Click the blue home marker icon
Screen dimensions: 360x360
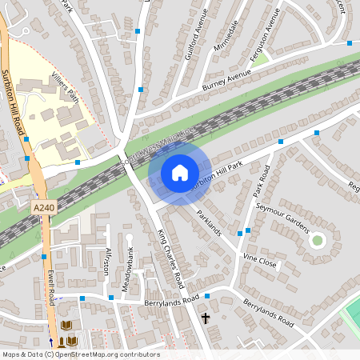tap(179, 172)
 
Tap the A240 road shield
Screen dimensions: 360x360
tap(44, 207)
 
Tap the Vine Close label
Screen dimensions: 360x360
tap(260, 261)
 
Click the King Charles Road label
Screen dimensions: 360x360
tap(171, 259)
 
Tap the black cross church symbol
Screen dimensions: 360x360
tap(206, 318)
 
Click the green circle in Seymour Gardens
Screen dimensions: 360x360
tap(318, 239)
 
